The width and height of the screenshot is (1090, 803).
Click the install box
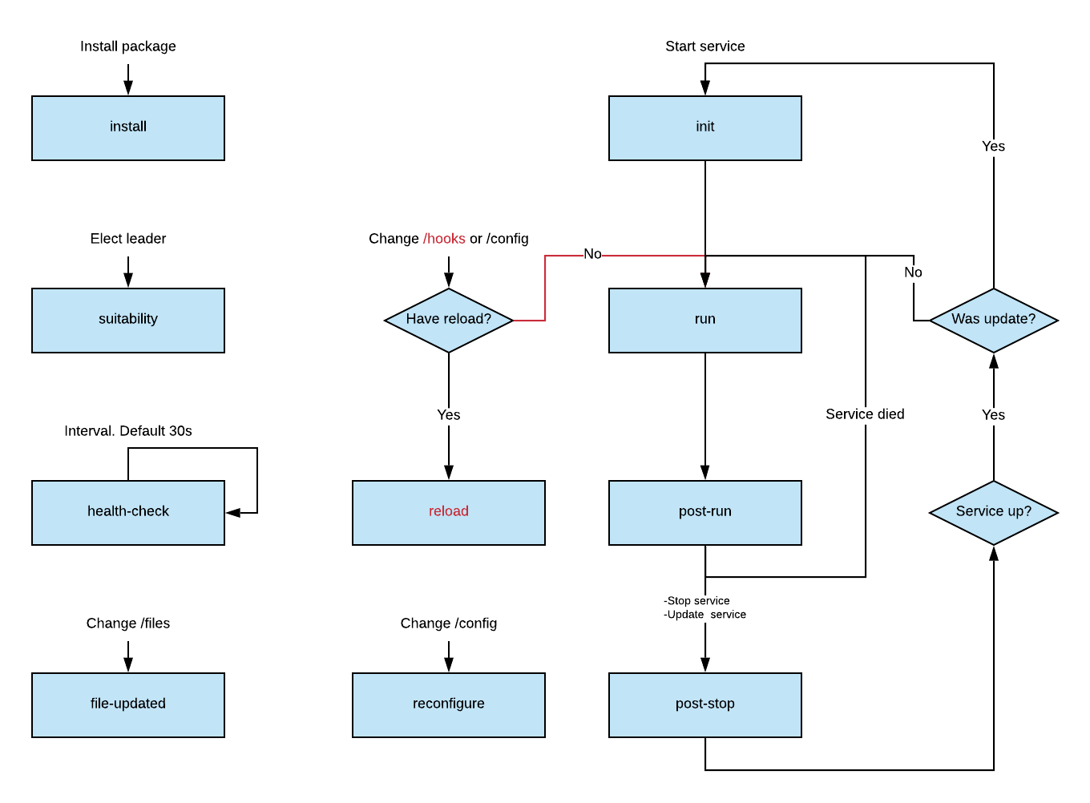[128, 128]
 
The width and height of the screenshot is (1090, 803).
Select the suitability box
[128, 321]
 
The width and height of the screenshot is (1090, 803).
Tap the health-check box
[128, 513]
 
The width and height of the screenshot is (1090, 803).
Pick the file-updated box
[128, 705]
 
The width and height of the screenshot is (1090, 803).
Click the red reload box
[449, 513]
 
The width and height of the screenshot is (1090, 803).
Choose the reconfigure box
[449, 705]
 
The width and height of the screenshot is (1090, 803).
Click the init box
[705, 128]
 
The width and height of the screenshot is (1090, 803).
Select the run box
[705, 321]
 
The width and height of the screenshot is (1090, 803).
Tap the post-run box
[705, 513]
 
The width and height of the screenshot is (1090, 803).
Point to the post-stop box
[705, 705]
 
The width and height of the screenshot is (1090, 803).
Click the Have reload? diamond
[449, 321]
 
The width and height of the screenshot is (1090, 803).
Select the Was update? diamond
[994, 321]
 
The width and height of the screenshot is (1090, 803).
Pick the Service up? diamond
[994, 513]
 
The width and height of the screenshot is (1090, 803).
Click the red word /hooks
[444, 239]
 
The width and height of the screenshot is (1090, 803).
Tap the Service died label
[865, 414]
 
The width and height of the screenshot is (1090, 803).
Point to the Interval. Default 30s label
[128, 431]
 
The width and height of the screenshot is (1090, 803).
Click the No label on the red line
[592, 254]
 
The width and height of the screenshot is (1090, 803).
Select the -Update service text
[705, 615]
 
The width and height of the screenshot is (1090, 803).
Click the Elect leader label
[128, 239]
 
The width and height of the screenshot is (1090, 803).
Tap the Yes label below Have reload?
[449, 415]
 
